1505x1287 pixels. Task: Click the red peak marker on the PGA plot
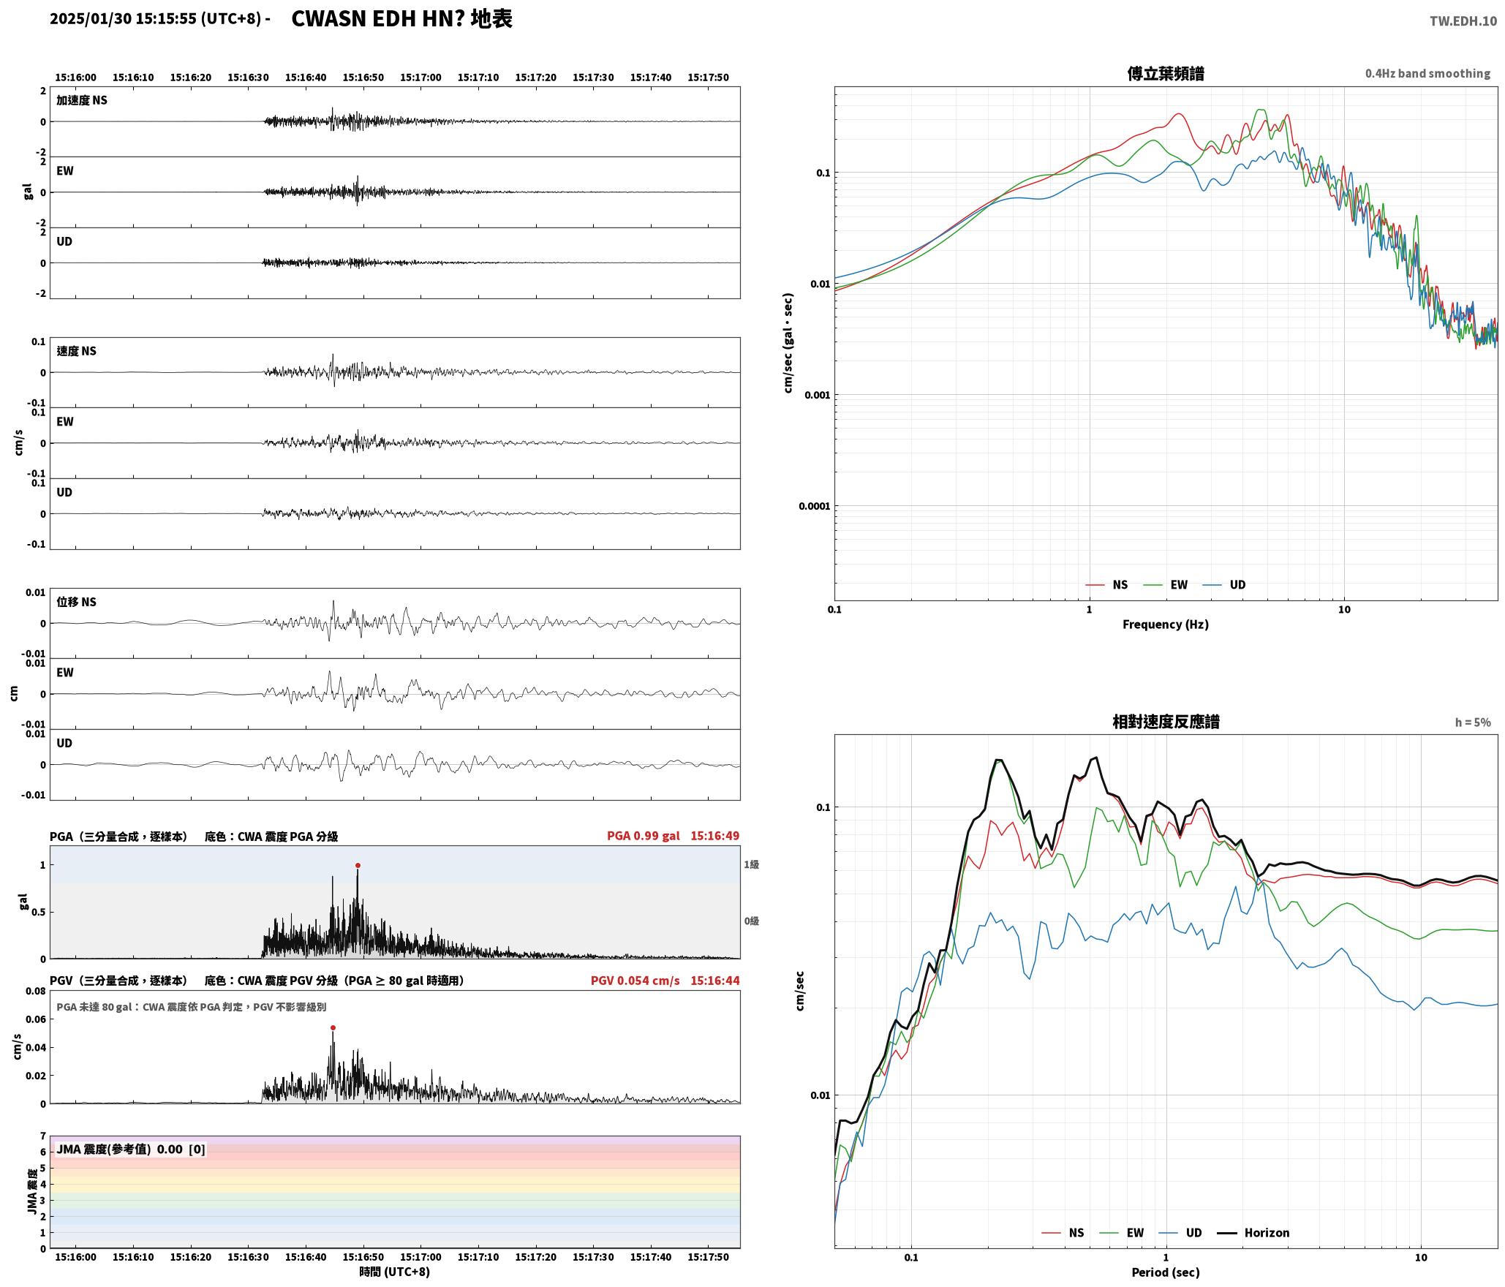[358, 865]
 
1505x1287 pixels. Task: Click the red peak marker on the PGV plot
[333, 1027]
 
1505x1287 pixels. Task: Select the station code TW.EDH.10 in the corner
[1463, 21]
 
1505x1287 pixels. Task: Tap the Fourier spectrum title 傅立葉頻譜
[1165, 74]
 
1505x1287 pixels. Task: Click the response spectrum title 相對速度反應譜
[1165, 722]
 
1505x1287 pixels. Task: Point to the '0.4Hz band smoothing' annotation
[1427, 74]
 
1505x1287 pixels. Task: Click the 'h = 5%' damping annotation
[1472, 722]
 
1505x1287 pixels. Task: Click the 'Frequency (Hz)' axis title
[1165, 624]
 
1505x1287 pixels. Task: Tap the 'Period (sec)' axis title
[1165, 1272]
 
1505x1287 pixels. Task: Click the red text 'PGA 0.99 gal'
[643, 836]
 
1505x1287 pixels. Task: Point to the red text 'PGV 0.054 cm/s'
[635, 981]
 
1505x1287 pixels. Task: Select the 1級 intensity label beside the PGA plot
[751, 864]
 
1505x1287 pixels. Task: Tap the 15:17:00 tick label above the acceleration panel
[420, 78]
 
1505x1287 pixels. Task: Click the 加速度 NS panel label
[82, 100]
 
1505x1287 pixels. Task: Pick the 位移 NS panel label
[76, 602]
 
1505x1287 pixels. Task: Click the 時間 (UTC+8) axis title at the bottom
[394, 1272]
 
